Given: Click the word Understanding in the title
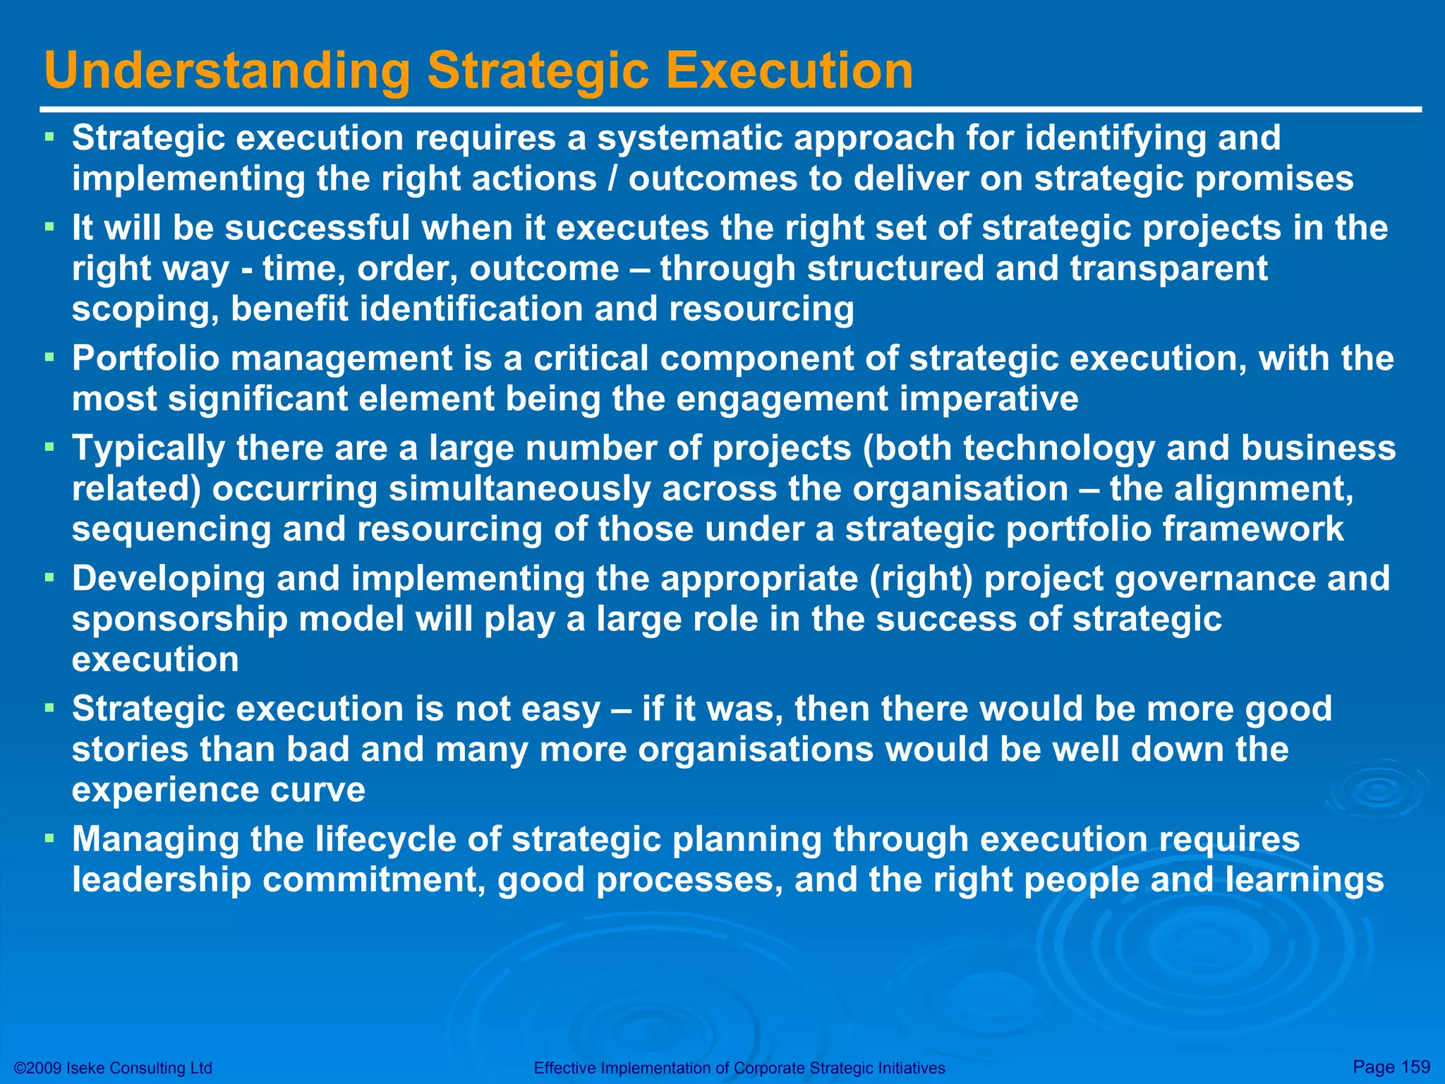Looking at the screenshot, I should click(227, 71).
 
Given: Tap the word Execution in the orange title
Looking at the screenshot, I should click(790, 71).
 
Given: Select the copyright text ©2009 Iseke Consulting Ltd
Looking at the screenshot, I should click(113, 1068).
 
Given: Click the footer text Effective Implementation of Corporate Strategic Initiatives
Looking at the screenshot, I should click(739, 1068).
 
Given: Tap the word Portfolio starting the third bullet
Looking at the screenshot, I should click(145, 359).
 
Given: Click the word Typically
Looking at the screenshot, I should click(148, 449).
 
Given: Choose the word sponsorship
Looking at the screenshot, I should click(180, 620).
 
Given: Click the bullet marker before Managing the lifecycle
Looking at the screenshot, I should click(49, 838).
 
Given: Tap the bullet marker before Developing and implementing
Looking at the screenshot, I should click(49, 578).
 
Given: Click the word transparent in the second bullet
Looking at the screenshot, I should click(1168, 269).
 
